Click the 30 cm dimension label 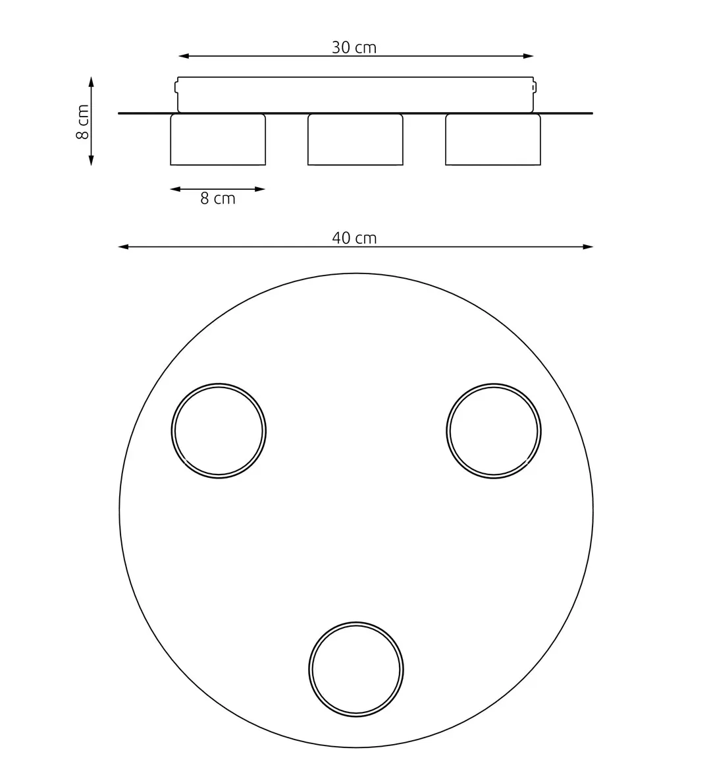354,47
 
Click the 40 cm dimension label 354,238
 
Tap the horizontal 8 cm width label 218,198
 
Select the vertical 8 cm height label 83,122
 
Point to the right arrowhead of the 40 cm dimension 589,247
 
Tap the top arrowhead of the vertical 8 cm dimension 92,81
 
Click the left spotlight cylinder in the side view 218,140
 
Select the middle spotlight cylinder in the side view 355,140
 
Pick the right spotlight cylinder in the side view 493,140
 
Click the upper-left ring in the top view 219,431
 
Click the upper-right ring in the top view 494,431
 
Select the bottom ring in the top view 356,670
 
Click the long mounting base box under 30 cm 355,95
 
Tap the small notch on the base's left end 176,87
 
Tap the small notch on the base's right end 535,87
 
